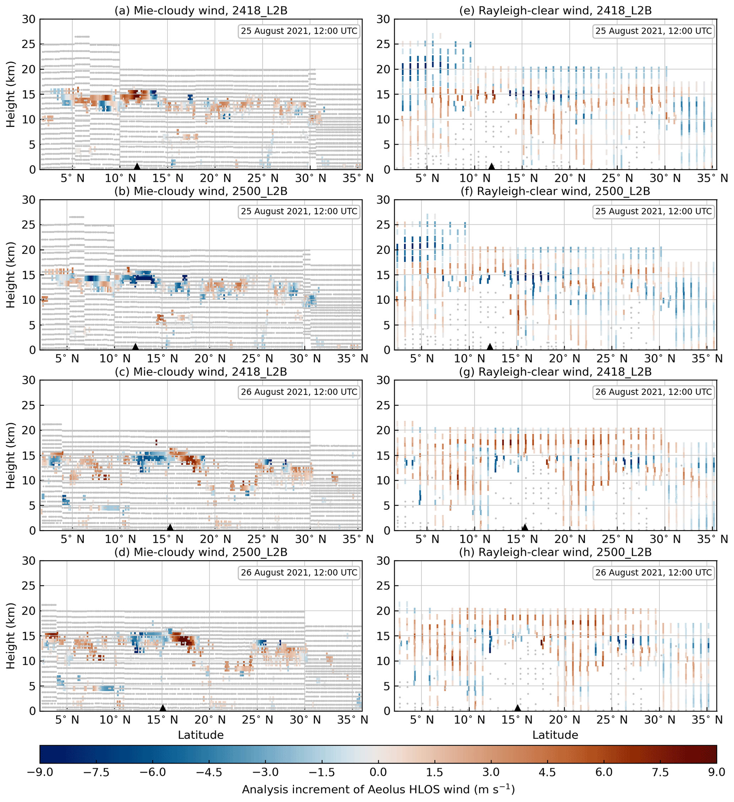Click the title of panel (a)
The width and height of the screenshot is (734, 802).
click(201, 10)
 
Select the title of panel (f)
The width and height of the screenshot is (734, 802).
click(555, 192)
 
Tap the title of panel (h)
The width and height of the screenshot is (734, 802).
click(555, 553)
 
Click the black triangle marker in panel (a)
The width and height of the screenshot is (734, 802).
click(137, 166)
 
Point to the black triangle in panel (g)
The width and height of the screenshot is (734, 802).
click(524, 528)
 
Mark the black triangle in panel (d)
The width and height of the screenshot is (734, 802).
click(163, 708)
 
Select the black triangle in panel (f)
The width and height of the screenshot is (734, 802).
click(490, 347)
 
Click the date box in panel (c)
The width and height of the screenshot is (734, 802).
click(299, 392)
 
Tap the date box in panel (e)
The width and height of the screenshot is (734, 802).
click(653, 31)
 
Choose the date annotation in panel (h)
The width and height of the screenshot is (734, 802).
click(653, 572)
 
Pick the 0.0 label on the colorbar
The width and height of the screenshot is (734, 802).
click(378, 772)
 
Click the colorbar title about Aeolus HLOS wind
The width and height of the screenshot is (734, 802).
click(378, 789)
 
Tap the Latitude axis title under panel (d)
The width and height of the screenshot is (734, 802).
click(201, 735)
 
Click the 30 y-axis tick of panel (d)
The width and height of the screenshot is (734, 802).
click(29, 561)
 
